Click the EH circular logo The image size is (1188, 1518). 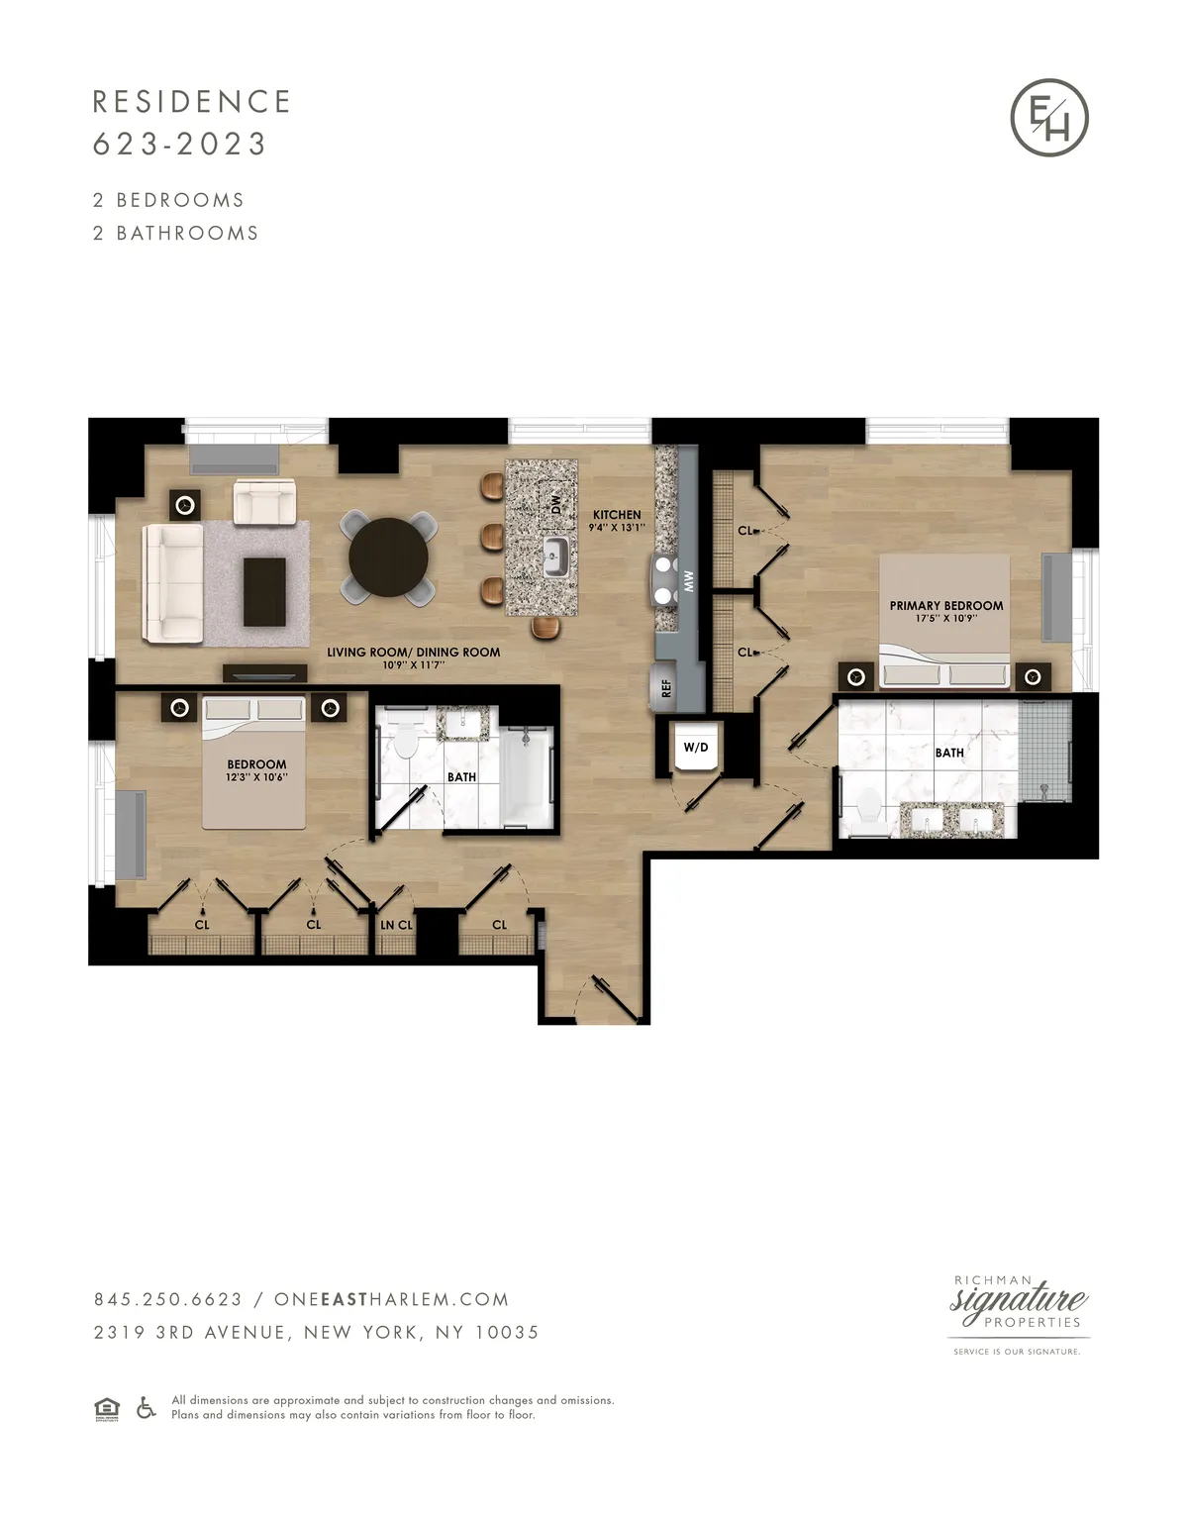1049,118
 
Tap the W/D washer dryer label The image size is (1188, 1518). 696,748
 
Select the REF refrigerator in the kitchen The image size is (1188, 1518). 665,686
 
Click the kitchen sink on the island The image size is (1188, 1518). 554,557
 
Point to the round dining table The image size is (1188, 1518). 389,557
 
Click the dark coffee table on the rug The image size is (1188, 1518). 264,591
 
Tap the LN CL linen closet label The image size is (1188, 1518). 397,925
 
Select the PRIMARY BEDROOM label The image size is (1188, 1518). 945,606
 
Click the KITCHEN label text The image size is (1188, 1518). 617,515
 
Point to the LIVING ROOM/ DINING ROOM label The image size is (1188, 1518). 413,653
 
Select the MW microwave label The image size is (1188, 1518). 689,581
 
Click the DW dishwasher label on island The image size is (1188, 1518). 555,504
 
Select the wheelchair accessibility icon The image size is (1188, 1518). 146,1407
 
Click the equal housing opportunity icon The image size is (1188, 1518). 107,1408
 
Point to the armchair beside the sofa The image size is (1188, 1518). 264,501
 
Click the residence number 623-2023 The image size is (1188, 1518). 180,145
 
